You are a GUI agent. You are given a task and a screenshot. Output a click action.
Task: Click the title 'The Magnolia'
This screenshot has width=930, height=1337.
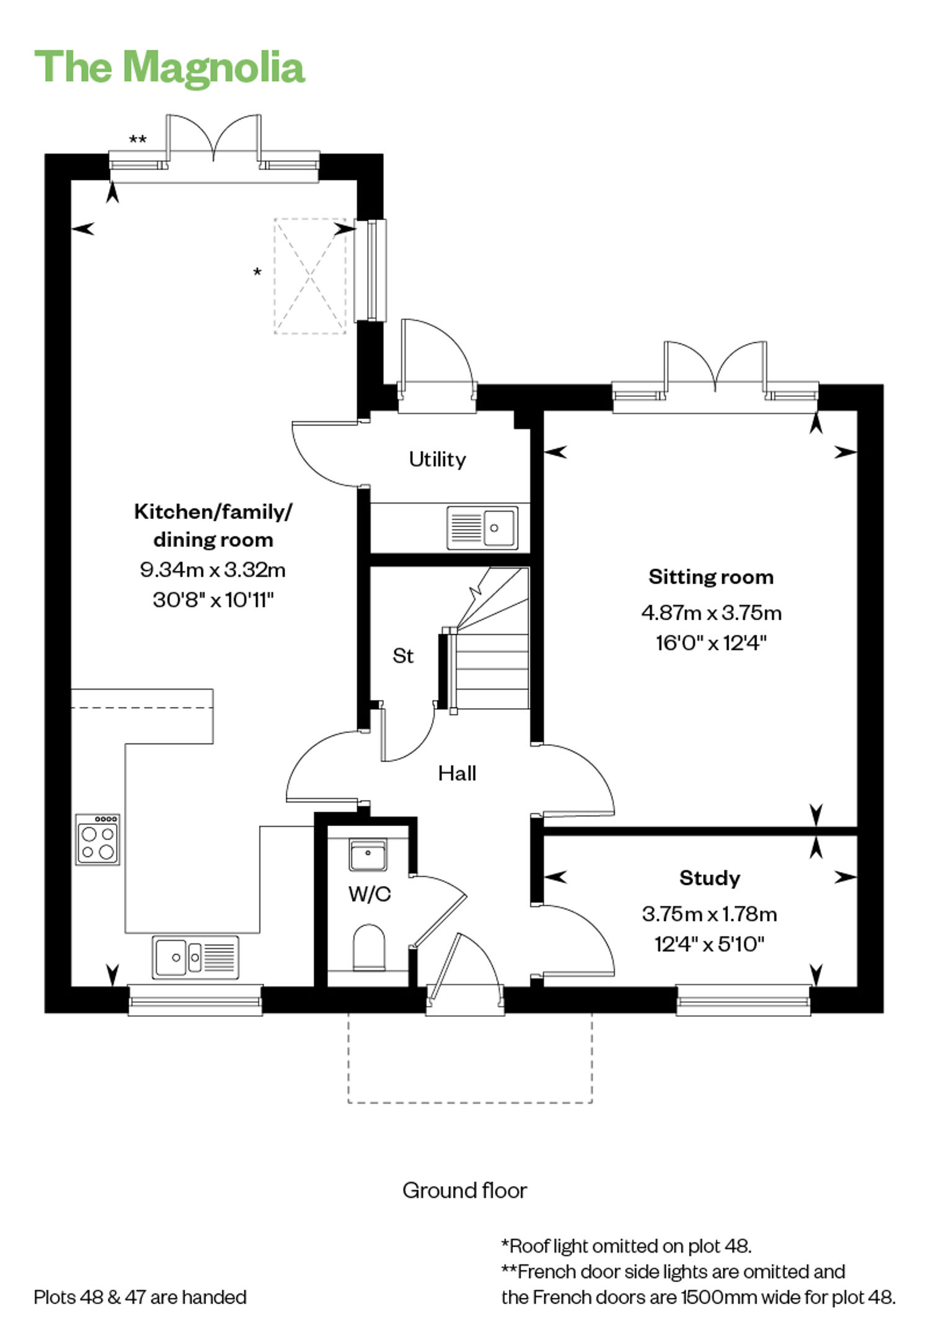tap(169, 67)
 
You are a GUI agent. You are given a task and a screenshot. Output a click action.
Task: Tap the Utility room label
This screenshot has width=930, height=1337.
tap(437, 460)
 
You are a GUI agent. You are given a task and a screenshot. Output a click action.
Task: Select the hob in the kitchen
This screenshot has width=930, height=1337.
tap(98, 840)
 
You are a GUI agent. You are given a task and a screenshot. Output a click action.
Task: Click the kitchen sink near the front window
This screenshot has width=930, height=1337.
tap(195, 957)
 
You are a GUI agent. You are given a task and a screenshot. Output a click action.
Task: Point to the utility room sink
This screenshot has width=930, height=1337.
tap(482, 528)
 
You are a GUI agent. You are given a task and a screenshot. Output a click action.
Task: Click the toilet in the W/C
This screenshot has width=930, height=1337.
tap(369, 947)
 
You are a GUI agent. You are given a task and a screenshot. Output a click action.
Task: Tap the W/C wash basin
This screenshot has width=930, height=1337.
tap(368, 855)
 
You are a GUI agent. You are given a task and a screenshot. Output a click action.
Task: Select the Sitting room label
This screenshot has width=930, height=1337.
tap(711, 577)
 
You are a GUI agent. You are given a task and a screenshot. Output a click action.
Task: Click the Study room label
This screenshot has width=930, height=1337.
tap(710, 877)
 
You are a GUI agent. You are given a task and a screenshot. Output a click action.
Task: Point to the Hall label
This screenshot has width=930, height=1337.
tap(457, 773)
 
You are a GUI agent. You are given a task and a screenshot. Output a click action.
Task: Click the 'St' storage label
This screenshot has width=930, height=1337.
tap(403, 655)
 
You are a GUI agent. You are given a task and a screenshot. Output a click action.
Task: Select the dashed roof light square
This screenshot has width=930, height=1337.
tap(310, 276)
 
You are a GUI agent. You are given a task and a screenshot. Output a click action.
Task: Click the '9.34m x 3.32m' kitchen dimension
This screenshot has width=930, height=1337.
tap(213, 569)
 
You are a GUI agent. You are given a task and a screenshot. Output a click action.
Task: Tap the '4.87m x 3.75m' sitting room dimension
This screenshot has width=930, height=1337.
tap(711, 613)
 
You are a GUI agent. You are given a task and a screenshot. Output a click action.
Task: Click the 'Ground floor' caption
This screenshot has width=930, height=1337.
tap(464, 1190)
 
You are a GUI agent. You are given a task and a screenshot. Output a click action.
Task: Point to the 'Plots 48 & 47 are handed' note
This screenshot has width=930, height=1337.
tap(140, 1297)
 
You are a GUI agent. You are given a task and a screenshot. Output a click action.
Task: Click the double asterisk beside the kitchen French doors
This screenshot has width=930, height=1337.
tap(138, 140)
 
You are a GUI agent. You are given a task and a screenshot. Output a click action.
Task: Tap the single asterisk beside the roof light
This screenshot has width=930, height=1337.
tap(257, 272)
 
